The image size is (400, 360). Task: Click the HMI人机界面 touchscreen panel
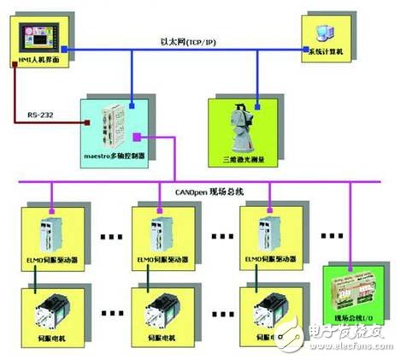coord(37,39)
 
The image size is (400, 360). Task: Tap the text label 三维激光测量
coord(243,156)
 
